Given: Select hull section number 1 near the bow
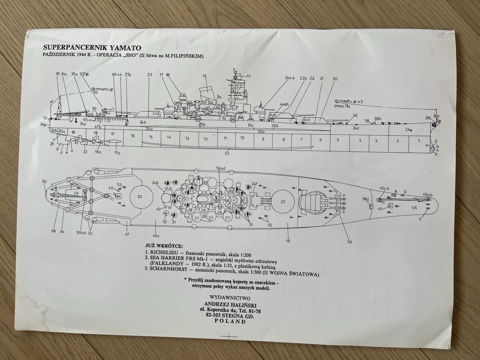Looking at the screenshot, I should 418,140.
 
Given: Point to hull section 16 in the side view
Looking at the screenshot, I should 132,136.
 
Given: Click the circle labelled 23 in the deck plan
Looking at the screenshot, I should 139,196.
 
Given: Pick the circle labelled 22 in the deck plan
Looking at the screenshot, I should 282,202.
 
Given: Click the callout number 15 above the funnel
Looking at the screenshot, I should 204,77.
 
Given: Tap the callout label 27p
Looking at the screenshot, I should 128,75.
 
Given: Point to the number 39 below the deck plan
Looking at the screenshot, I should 349,242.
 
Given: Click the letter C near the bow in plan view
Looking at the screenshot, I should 420,219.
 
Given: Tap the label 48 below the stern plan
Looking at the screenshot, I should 53,231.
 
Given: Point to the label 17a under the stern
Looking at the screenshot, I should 117,153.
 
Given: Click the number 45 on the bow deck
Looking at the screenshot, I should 414,207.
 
